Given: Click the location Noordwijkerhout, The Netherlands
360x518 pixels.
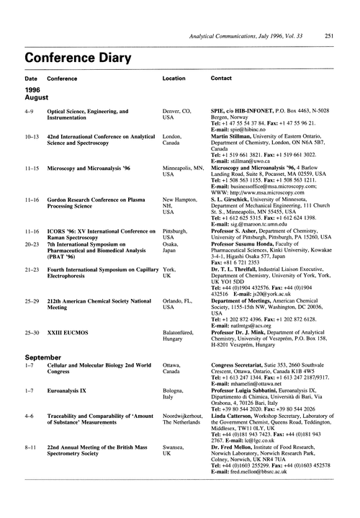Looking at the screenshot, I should [186, 439].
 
